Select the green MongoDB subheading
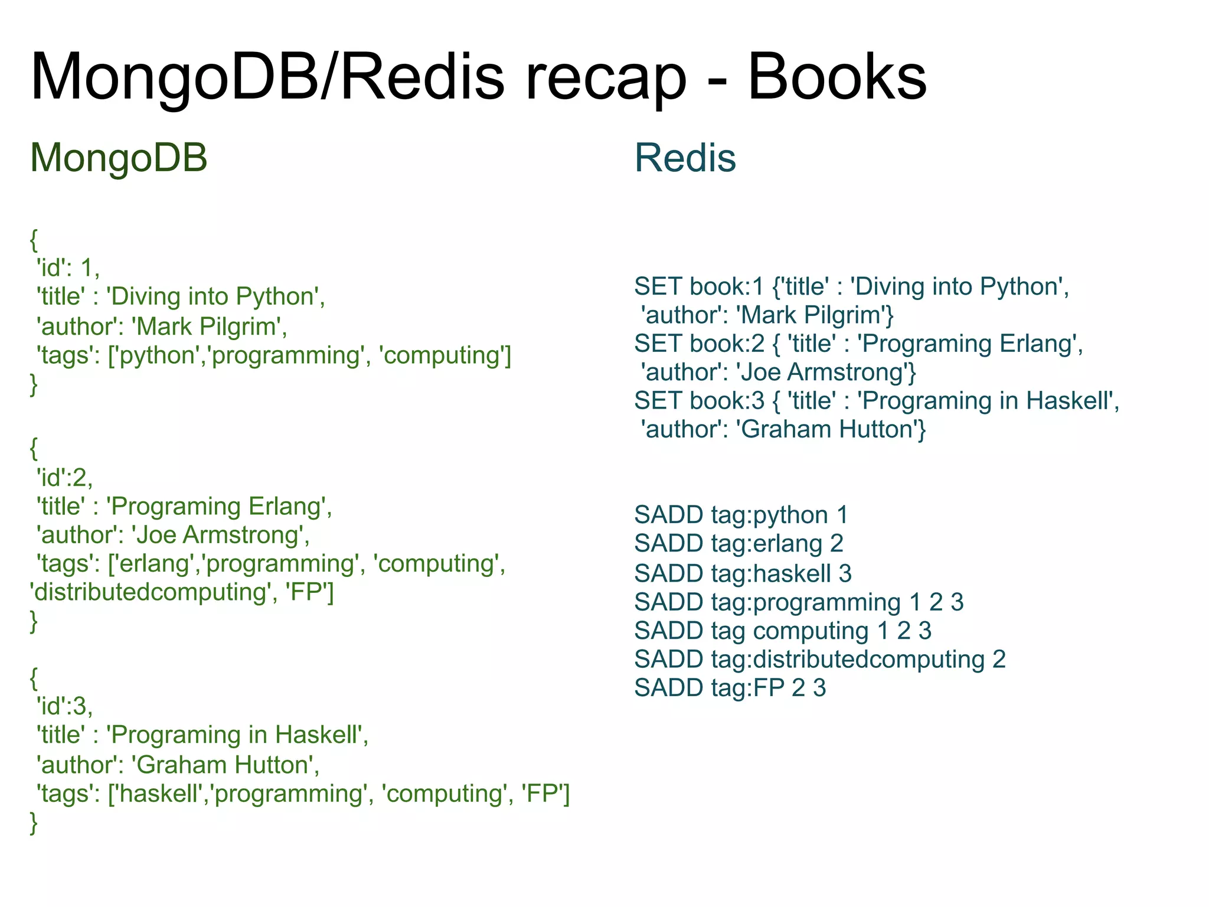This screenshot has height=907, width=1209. (x=119, y=158)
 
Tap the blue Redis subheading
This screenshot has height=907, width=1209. (x=685, y=158)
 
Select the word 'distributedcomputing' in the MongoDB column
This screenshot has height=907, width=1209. (x=150, y=592)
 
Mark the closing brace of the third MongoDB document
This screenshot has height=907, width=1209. (x=34, y=823)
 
